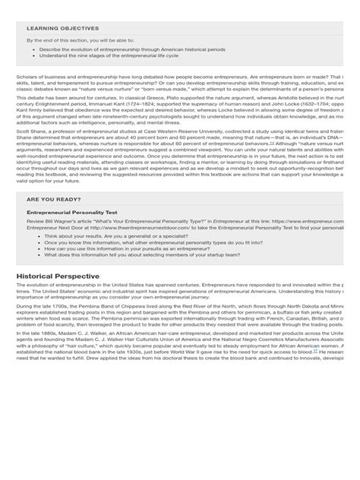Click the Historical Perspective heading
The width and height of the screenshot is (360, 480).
(58, 275)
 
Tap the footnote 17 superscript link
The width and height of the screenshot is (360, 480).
(314, 351)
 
